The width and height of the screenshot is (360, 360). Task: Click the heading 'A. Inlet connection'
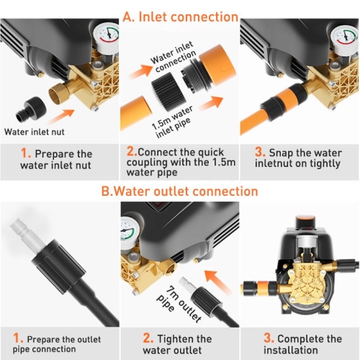(180, 17)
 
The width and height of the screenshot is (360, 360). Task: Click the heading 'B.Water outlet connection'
(179, 192)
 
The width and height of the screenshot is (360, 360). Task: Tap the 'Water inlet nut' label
(35, 132)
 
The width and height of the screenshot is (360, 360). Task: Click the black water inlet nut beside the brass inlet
(31, 109)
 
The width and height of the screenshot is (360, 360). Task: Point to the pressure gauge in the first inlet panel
(106, 38)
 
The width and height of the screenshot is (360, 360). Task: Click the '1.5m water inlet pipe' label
(172, 122)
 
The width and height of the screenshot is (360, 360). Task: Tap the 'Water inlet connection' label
(174, 57)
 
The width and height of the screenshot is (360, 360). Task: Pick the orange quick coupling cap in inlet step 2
(217, 63)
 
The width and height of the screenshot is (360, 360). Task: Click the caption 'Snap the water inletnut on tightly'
(298, 158)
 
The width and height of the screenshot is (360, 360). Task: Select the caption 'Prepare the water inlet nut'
(56, 159)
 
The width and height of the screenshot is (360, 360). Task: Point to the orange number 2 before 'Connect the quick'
(132, 151)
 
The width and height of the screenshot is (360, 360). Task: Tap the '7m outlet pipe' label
(179, 304)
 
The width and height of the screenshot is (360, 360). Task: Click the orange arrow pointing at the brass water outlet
(218, 282)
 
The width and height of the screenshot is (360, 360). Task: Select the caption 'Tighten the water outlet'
(177, 344)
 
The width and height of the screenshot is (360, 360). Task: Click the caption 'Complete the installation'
(302, 344)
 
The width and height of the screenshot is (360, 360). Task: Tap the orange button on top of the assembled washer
(305, 219)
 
